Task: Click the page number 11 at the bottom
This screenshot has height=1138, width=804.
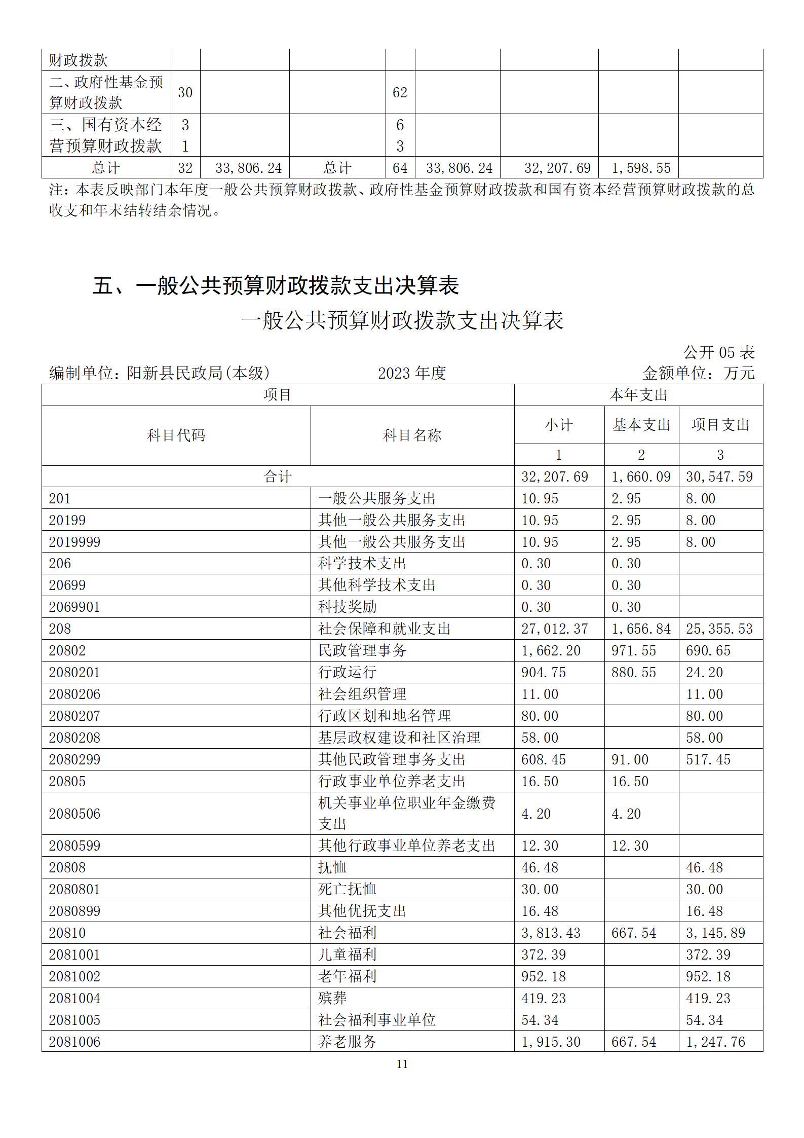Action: pyautogui.click(x=402, y=1064)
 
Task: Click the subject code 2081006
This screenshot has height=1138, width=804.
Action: pyautogui.click(x=74, y=1042)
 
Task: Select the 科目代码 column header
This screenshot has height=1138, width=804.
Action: pyautogui.click(x=176, y=435)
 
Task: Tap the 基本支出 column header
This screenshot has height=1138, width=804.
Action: pyautogui.click(x=641, y=425)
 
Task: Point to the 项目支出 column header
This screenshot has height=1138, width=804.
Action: pyautogui.click(x=720, y=425)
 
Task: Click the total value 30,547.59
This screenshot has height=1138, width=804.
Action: pyautogui.click(x=719, y=476)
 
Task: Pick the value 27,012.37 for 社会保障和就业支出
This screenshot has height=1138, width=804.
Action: pyautogui.click(x=555, y=629)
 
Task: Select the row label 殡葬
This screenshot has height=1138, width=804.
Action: pyautogui.click(x=332, y=998)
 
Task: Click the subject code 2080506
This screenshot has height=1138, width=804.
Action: pyautogui.click(x=74, y=814)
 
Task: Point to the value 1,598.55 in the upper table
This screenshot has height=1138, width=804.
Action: pyautogui.click(x=641, y=168)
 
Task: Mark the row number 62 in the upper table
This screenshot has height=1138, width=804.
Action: pyautogui.click(x=400, y=92)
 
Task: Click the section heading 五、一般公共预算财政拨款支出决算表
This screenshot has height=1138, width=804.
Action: pyautogui.click(x=276, y=286)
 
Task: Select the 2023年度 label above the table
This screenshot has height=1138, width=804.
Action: pyautogui.click(x=411, y=373)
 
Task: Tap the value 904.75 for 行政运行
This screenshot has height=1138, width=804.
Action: pyautogui.click(x=540, y=672)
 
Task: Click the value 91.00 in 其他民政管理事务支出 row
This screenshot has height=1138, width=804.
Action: pyautogui.click(x=630, y=759)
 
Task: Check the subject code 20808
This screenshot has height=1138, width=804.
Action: pyautogui.click(x=67, y=867)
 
